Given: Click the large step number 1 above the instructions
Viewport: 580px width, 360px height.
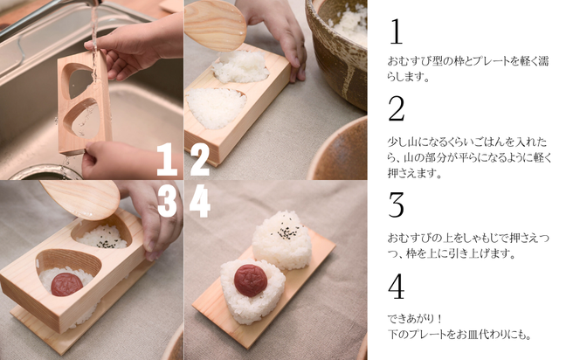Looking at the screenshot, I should point(395,32).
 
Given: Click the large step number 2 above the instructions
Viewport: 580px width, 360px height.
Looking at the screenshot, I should point(397,109).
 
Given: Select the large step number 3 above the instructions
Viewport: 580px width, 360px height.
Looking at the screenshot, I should point(397,205).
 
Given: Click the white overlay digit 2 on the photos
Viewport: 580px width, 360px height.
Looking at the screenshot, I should point(200,160).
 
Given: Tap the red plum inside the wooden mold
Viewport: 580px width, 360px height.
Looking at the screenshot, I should point(66,283).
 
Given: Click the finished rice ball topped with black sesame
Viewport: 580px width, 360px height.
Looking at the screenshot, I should point(281,239).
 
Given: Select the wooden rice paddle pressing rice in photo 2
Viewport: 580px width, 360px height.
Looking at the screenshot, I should point(215,24).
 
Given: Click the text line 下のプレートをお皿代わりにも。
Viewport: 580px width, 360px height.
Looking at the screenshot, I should point(459,335).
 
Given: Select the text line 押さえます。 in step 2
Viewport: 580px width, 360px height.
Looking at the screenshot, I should point(415,174).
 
